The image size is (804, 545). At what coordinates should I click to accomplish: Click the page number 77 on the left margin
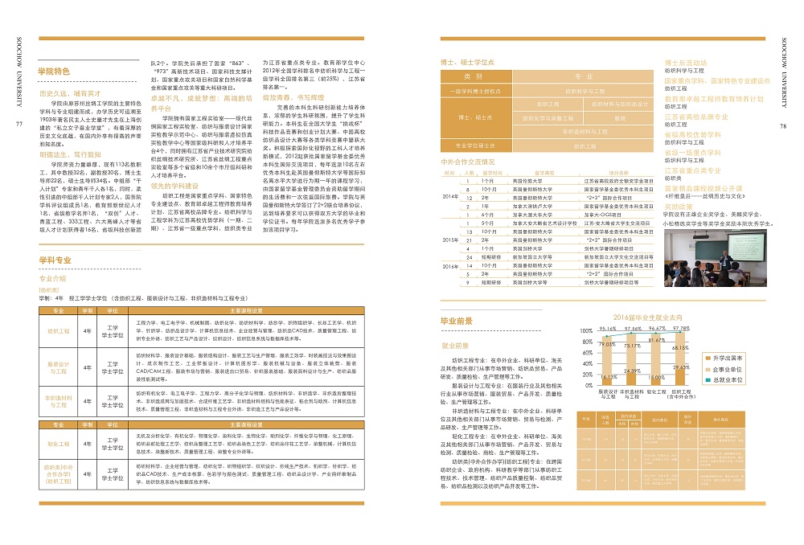click(x=18, y=124)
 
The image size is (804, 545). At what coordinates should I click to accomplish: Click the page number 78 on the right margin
click(x=785, y=125)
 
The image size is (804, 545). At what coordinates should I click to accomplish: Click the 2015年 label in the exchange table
click(x=450, y=240)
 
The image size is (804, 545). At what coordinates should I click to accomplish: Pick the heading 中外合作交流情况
click(x=473, y=162)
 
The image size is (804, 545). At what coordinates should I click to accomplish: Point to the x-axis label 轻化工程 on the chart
click(x=657, y=391)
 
